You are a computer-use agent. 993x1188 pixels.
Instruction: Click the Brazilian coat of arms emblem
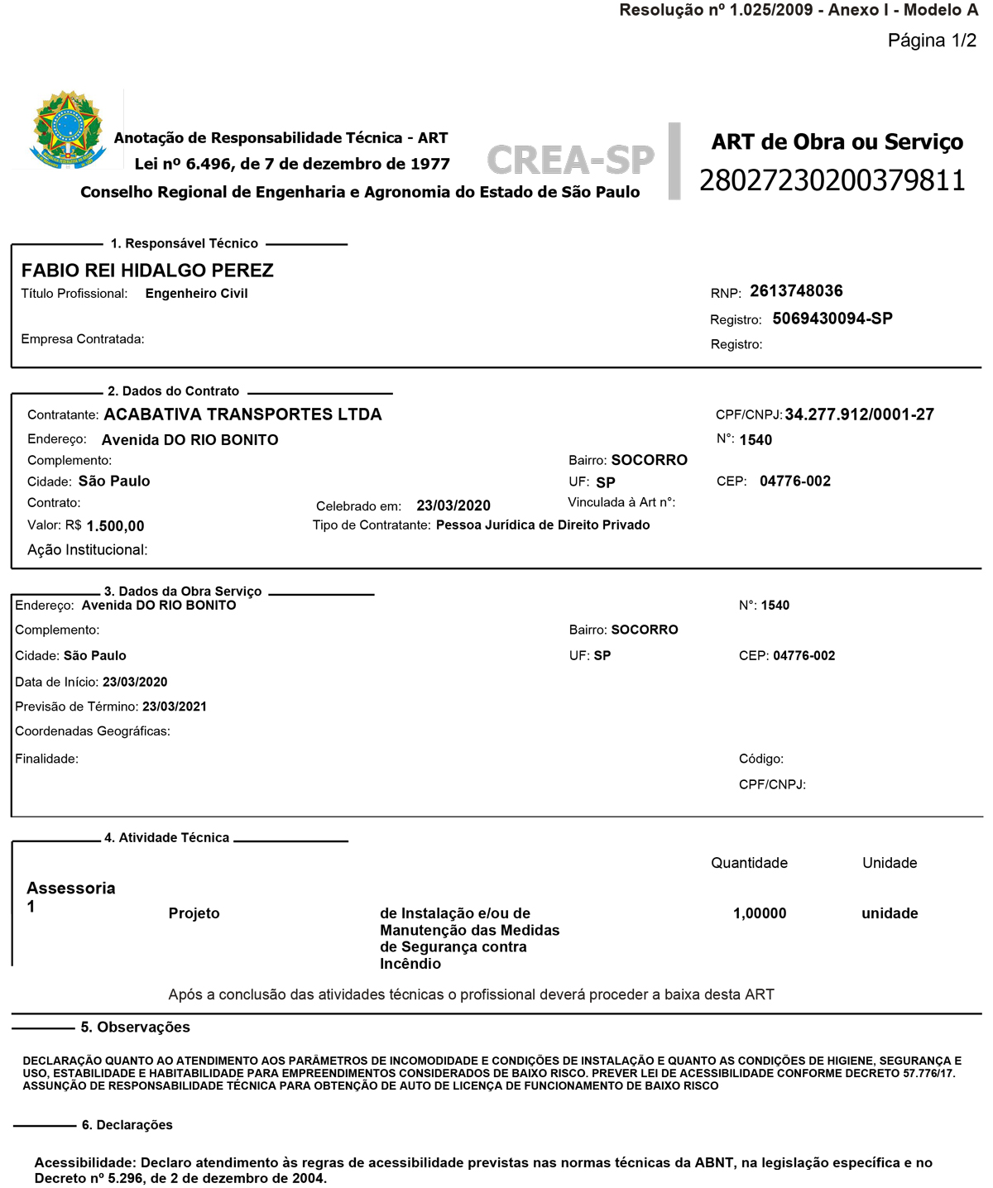tap(68, 130)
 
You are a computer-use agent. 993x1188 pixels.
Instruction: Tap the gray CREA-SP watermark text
tap(570, 160)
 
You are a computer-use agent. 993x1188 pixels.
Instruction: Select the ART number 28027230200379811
tap(832, 180)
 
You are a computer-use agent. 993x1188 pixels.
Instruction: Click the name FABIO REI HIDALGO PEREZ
tap(147, 271)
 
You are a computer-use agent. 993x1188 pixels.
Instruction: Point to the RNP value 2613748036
tap(796, 291)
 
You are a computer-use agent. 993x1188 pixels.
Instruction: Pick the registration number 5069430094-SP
tap(832, 319)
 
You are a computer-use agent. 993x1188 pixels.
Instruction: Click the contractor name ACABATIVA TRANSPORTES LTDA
tap(242, 414)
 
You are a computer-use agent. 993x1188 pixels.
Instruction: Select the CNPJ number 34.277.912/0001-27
tap(859, 414)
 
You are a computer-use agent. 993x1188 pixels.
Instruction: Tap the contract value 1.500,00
tap(115, 526)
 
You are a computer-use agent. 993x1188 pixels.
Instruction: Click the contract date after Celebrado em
tap(453, 505)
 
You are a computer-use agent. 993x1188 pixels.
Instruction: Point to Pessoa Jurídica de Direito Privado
tap(543, 525)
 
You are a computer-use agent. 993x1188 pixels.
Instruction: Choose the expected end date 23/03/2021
tap(175, 707)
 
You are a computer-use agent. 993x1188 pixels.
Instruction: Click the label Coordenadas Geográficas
tap(93, 731)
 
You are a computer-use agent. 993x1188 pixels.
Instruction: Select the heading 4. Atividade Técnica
tap(166, 838)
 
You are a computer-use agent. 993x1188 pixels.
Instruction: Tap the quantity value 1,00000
tap(760, 913)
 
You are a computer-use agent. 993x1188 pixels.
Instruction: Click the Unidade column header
tap(890, 863)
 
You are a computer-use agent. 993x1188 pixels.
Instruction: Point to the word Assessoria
tap(71, 889)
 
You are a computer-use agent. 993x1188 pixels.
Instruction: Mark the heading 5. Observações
tap(135, 1028)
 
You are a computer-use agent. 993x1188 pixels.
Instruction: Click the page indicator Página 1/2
tap(932, 41)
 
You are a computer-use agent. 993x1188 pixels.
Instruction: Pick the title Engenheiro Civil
tap(196, 294)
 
